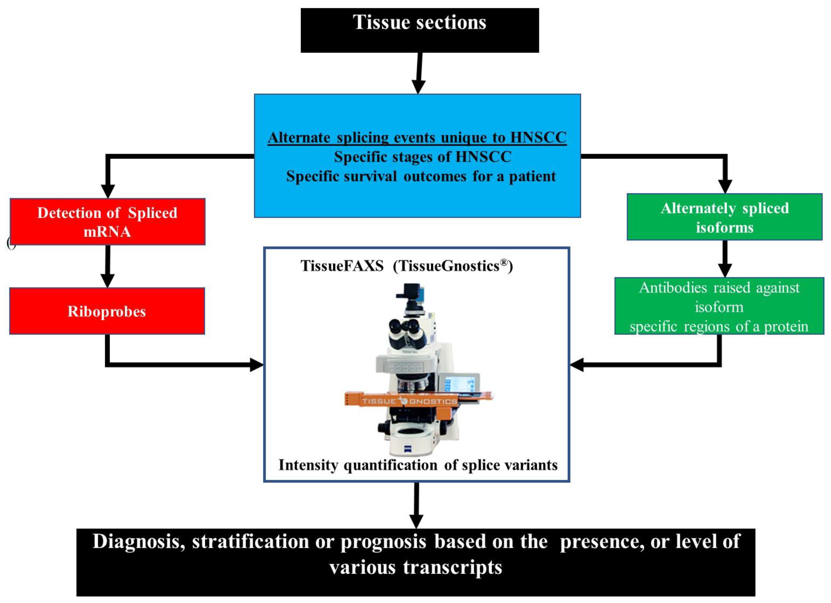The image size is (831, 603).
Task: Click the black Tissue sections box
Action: click(x=419, y=30)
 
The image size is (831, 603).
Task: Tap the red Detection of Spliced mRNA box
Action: click(x=107, y=222)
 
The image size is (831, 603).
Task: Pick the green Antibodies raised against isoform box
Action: click(x=719, y=306)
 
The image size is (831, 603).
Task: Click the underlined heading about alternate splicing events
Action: click(x=417, y=138)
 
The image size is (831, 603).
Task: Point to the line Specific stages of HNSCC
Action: click(x=422, y=157)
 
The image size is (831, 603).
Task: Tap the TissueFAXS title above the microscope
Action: click(x=406, y=266)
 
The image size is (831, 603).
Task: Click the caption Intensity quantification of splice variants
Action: click(x=418, y=465)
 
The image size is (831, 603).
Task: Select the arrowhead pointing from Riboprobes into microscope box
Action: click(x=256, y=365)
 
